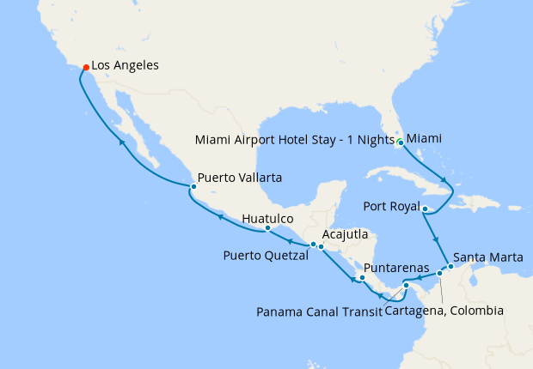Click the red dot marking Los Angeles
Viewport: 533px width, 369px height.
click(84, 66)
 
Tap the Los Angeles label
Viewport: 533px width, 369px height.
click(125, 65)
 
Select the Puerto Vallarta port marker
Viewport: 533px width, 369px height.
click(193, 186)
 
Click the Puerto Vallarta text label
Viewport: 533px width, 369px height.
click(241, 178)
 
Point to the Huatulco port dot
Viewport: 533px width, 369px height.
click(267, 228)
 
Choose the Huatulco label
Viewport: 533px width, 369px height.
click(267, 218)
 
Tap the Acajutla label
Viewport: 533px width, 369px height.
click(346, 234)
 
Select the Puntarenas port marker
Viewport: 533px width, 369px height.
click(363, 278)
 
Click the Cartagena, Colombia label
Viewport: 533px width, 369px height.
click(444, 311)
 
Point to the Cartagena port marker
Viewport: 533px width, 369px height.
click(439, 274)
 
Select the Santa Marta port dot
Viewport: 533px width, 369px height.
click(450, 266)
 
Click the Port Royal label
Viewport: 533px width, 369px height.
click(392, 207)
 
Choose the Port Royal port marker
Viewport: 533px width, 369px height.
click(426, 208)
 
